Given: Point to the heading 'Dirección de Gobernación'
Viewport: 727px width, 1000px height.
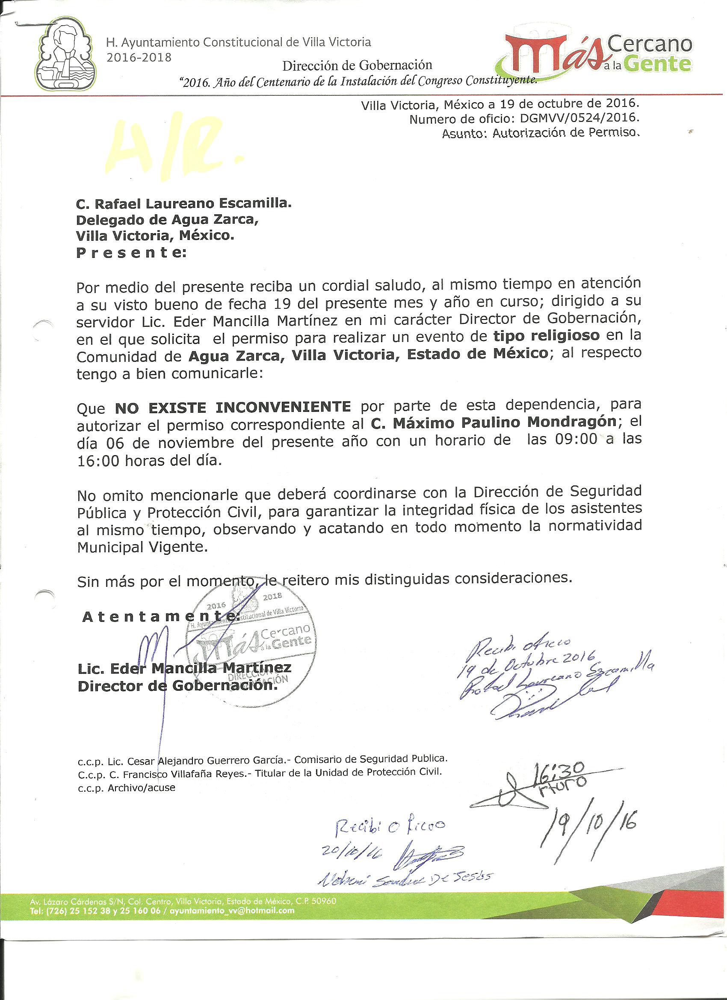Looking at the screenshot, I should click(357, 66).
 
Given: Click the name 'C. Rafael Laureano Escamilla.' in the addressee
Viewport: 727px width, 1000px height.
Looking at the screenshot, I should click(184, 203).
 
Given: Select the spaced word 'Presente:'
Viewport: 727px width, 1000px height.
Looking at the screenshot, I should click(131, 253).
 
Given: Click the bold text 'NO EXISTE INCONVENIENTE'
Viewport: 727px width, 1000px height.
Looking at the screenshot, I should click(233, 406).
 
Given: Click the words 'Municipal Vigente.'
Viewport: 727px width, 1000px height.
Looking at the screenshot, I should click(142, 547).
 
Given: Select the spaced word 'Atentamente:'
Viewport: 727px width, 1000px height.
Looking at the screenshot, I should click(161, 617).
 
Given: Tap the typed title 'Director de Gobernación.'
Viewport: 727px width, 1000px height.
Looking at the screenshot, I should click(177, 686).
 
